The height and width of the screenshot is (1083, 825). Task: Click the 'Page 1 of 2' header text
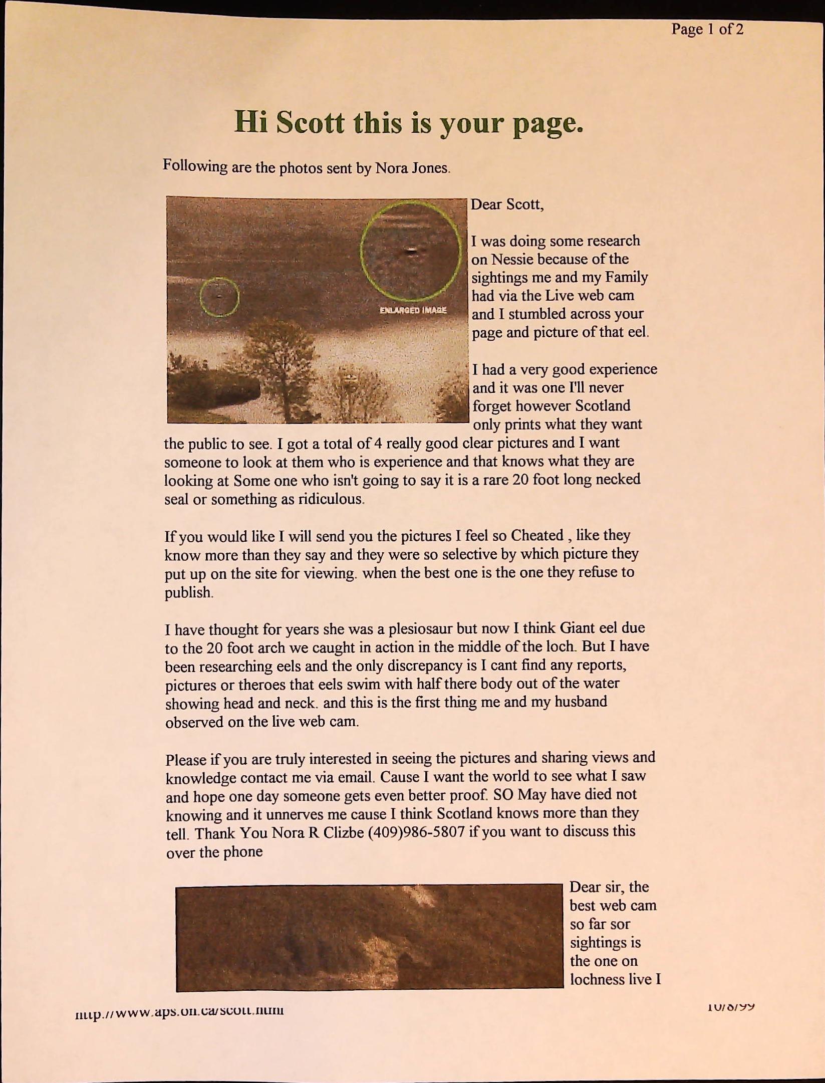pyautogui.click(x=707, y=29)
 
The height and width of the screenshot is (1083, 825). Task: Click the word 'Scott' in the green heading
pyautogui.click(x=310, y=123)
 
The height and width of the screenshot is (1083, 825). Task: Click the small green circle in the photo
pyautogui.click(x=219, y=297)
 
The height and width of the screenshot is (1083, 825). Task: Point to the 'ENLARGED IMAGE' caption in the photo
pyautogui.click(x=413, y=310)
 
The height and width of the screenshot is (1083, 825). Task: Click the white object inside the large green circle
pyautogui.click(x=411, y=251)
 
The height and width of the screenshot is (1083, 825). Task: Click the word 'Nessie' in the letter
pyautogui.click(x=513, y=259)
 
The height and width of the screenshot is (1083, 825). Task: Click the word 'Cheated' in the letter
pyautogui.click(x=537, y=535)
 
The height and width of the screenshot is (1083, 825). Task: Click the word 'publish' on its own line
pyautogui.click(x=188, y=592)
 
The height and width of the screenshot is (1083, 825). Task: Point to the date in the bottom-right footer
pyautogui.click(x=731, y=1006)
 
